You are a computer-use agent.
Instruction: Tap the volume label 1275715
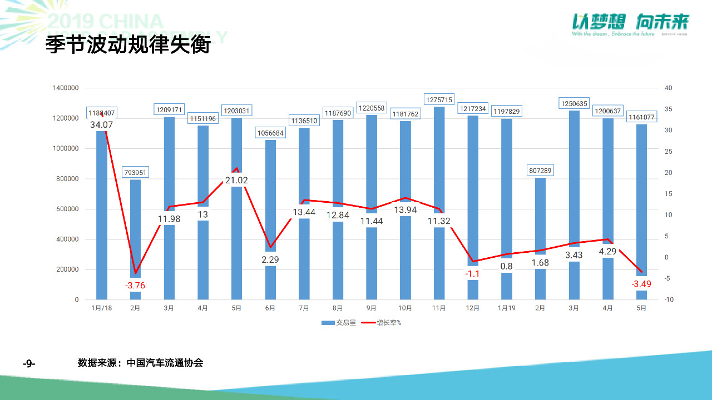[439, 99]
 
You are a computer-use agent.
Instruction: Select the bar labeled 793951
[135, 233]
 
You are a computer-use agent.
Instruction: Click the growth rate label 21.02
[236, 180]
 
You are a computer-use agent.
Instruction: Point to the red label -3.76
[135, 286]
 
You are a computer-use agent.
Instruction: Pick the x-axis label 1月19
[506, 308]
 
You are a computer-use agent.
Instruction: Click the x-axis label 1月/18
[101, 308]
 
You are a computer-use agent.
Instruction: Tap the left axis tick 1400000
[66, 88]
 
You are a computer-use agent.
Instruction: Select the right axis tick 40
[668, 88]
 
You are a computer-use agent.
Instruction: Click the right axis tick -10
[668, 300]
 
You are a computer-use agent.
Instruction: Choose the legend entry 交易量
[339, 323]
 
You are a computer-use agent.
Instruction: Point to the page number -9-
[29, 363]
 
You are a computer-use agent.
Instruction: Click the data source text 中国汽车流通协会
[165, 363]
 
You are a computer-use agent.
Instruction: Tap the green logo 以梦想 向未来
[630, 22]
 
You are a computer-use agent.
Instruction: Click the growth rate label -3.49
[641, 284]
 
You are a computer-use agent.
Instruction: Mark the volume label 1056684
[270, 133]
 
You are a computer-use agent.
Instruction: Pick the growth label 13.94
[406, 209]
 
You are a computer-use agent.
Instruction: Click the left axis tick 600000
[66, 209]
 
